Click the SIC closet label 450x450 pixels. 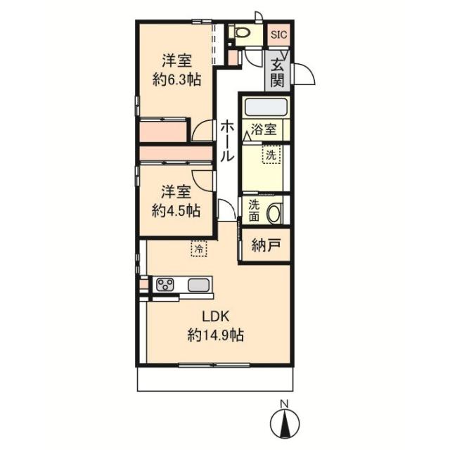279,34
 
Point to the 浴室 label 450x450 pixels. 264,129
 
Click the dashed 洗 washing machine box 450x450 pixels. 271,155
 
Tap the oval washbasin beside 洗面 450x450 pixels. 275,213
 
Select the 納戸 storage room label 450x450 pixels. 266,245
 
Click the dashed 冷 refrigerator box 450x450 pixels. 199,248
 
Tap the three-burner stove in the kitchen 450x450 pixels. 165,285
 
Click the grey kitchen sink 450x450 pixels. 198,285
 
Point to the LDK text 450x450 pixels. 216,316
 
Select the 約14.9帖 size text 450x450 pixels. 216,335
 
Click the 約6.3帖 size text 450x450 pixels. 176,79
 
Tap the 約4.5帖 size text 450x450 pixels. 176,211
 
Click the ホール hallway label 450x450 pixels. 227,141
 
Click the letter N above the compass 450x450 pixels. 284,404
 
